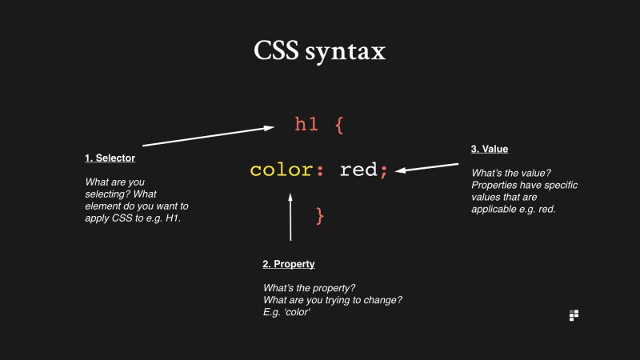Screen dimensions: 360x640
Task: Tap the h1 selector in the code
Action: (x=306, y=125)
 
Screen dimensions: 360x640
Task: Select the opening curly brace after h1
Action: (x=338, y=126)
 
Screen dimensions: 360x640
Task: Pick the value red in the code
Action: (x=358, y=170)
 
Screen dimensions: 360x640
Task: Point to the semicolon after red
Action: (x=384, y=172)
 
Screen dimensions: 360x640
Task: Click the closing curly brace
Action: (x=321, y=215)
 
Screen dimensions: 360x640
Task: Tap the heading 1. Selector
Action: (x=110, y=158)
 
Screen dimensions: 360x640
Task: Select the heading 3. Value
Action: (x=490, y=149)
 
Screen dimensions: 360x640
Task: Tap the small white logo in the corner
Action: (x=573, y=315)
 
